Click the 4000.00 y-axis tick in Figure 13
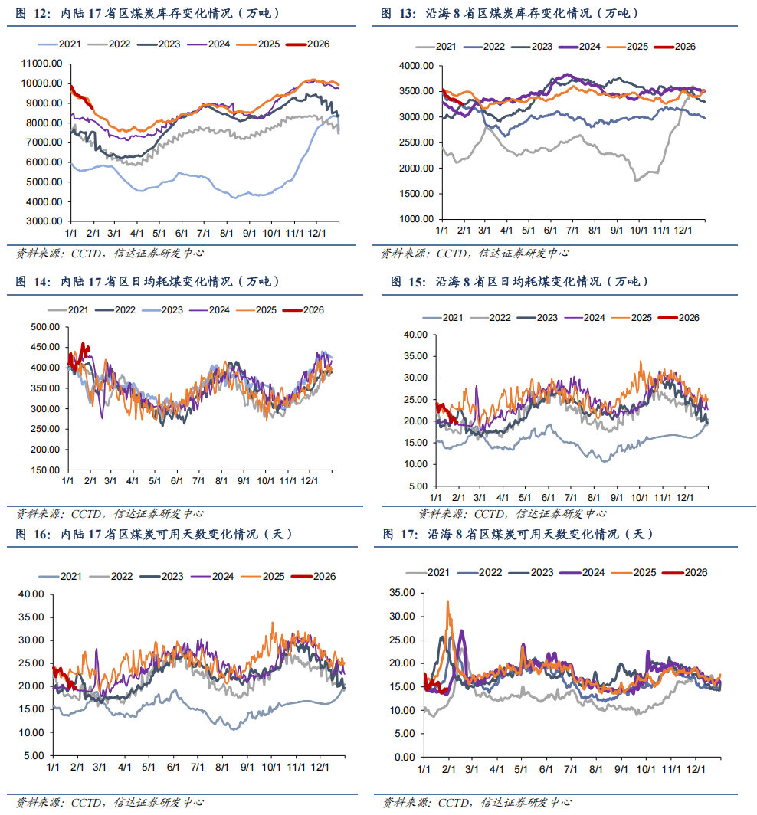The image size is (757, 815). (418, 67)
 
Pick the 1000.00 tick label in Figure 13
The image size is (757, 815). (418, 219)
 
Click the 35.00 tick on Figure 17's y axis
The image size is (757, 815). (401, 593)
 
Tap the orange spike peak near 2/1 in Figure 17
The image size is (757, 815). (448, 602)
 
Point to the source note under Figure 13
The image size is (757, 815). (474, 253)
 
